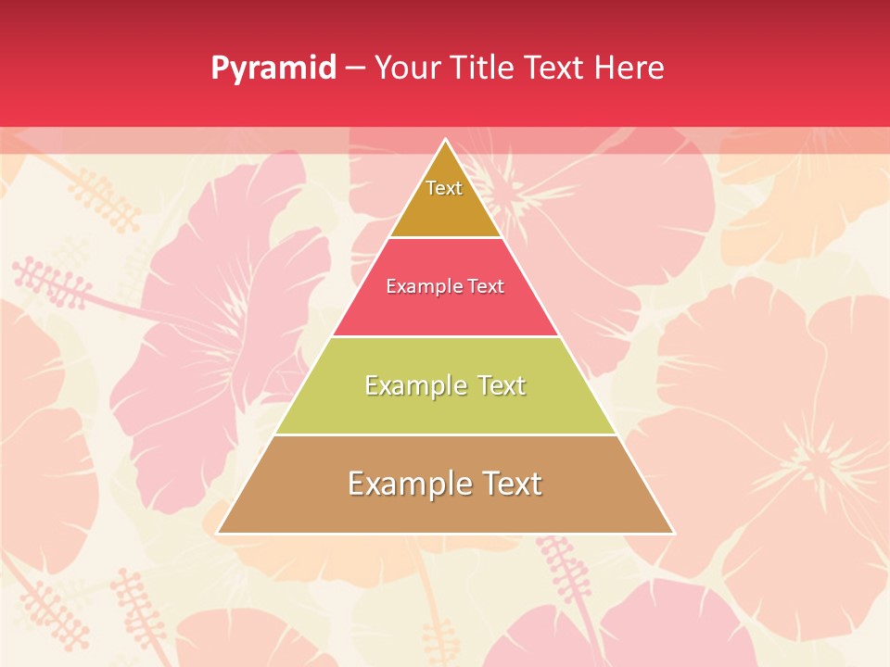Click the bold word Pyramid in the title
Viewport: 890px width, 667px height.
(x=273, y=69)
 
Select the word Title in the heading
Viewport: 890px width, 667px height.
(x=483, y=68)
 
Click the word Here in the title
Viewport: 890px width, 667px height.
(x=629, y=68)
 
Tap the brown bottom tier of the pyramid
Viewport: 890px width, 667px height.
(x=445, y=510)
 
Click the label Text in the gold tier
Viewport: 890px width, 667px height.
(x=444, y=188)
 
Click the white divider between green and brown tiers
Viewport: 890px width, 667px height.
(x=445, y=434)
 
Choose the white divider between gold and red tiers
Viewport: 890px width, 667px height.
(x=445, y=237)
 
